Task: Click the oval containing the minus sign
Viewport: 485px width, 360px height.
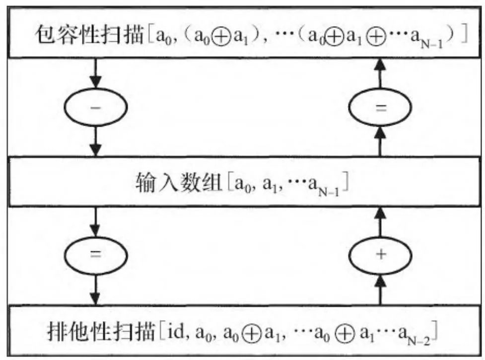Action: click(x=97, y=107)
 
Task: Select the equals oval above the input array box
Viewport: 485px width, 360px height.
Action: click(x=381, y=107)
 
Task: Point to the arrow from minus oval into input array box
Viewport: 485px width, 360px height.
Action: click(x=97, y=142)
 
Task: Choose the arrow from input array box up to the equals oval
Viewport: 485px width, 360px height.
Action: click(x=381, y=142)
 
